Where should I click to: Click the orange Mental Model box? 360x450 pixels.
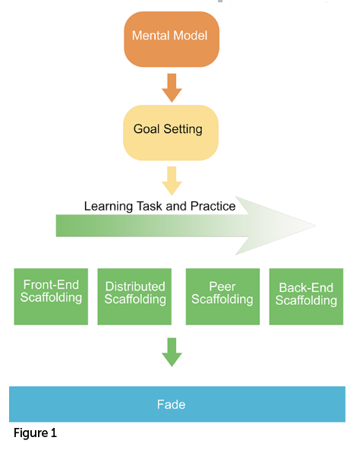(x=172, y=40)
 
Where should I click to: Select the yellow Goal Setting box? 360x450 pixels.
(x=171, y=132)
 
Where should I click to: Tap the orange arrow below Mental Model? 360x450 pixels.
(x=172, y=88)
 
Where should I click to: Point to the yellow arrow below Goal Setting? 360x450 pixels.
(x=172, y=181)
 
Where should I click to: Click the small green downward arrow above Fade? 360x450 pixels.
(x=172, y=352)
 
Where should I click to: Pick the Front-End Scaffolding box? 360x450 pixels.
(x=51, y=296)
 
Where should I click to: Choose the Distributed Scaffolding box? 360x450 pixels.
(x=134, y=296)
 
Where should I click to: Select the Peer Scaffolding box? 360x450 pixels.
(x=223, y=296)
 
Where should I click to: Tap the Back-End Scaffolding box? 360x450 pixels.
(x=306, y=296)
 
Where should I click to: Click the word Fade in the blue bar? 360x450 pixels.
(x=171, y=404)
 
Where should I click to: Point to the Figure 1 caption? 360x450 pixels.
(x=35, y=433)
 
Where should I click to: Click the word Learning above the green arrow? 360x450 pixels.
(x=109, y=207)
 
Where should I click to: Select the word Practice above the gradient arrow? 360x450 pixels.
(x=213, y=206)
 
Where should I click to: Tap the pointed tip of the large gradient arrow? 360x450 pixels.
(x=315, y=226)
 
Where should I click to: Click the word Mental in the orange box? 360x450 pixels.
(x=151, y=36)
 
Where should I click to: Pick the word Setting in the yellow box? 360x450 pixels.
(x=183, y=129)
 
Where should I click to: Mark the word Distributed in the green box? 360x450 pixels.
(x=135, y=287)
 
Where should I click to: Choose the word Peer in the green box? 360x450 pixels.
(x=223, y=287)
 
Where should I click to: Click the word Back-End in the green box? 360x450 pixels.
(x=306, y=287)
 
